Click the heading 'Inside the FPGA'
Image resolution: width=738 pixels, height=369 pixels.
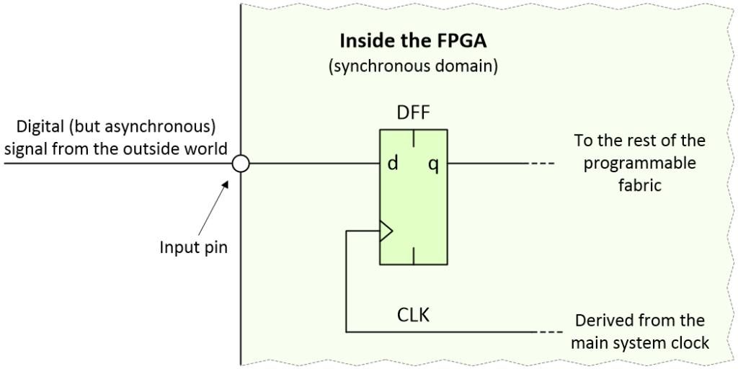click(413, 40)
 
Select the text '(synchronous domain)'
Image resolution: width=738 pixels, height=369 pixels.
click(413, 68)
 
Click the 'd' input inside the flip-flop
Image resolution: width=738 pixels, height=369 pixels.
click(393, 164)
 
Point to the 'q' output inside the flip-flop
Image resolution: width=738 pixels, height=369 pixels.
click(433, 164)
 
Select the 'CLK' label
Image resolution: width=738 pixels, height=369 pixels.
click(413, 315)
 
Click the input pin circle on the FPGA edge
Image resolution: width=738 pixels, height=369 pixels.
click(241, 164)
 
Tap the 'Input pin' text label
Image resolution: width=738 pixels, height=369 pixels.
click(192, 246)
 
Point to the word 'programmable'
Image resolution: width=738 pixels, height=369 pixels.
click(639, 163)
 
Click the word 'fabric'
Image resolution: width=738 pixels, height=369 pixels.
click(639, 184)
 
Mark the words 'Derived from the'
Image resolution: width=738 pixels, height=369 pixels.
click(639, 320)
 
